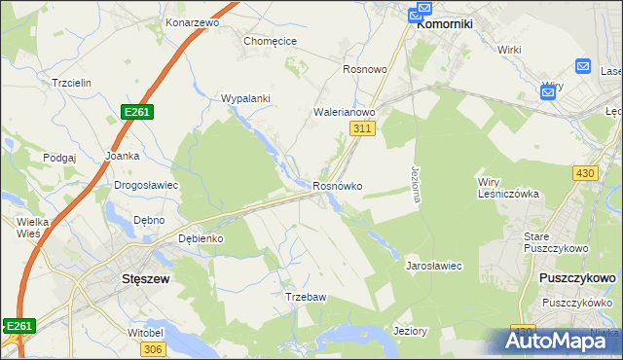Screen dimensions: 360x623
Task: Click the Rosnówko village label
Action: (x=338, y=185)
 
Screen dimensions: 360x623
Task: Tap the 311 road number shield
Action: (x=363, y=128)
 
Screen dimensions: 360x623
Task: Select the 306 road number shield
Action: (x=152, y=347)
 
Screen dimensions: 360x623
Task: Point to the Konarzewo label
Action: (x=190, y=21)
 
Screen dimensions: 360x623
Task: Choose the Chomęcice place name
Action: (x=270, y=41)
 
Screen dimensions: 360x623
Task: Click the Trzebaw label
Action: (x=303, y=296)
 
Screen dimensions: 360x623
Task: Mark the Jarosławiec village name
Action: (x=433, y=265)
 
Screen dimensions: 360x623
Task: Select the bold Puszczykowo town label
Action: (x=576, y=277)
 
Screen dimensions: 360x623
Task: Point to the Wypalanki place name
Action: (x=245, y=98)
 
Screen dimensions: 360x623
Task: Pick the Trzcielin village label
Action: (x=73, y=83)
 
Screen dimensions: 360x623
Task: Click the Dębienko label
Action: (x=202, y=238)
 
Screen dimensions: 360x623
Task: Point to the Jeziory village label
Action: (x=410, y=331)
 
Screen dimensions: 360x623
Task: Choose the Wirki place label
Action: (x=510, y=49)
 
